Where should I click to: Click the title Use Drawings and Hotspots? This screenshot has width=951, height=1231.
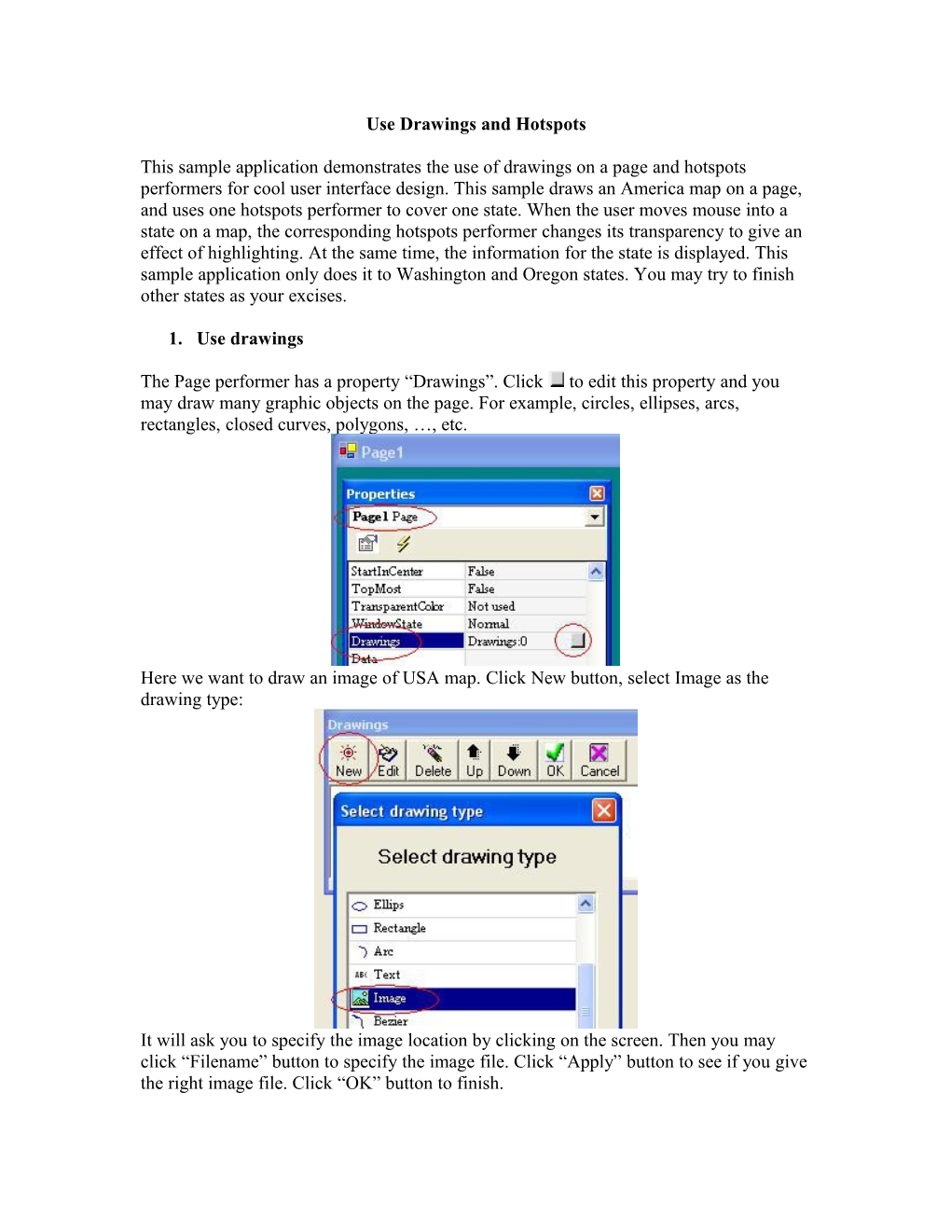(475, 124)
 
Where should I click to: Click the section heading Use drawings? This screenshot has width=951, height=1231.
(250, 339)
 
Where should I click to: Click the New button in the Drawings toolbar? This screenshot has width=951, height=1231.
(349, 760)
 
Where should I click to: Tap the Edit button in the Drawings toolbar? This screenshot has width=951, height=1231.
(389, 760)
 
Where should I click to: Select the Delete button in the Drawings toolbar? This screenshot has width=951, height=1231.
(433, 760)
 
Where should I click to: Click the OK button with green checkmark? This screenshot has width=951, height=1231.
(555, 760)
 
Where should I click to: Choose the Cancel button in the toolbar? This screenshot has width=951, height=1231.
(600, 760)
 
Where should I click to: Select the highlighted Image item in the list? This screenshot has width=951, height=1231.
(390, 998)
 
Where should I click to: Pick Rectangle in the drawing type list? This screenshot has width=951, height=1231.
(399, 928)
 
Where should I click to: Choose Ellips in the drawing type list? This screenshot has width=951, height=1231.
(389, 905)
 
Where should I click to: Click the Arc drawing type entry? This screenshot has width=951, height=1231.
(383, 951)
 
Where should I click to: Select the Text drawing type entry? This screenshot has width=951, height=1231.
(387, 975)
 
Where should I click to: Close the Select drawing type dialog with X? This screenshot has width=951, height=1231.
(604, 809)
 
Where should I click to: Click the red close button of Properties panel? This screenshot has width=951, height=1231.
(597, 493)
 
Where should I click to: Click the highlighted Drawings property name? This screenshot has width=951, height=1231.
(376, 641)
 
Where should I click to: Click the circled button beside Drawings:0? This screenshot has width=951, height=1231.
(577, 641)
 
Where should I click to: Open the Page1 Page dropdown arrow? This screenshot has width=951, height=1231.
(595, 517)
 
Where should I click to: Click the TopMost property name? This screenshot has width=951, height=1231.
(377, 588)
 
